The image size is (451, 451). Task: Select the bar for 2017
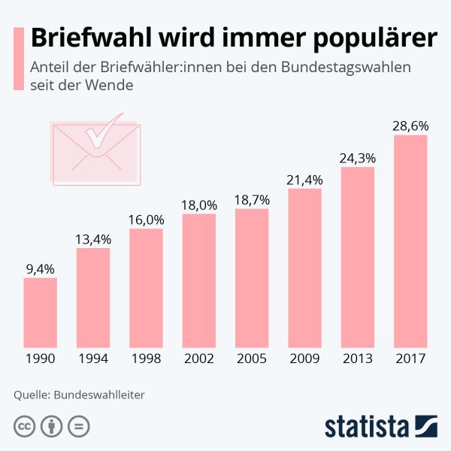[410, 241]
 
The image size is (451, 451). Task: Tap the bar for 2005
[252, 277]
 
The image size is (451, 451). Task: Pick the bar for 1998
[146, 287]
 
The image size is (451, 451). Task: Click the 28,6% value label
[410, 126]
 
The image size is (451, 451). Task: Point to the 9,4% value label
[40, 268]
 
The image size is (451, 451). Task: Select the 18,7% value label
[252, 199]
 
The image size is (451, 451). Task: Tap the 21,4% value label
[304, 180]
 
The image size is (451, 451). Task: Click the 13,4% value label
[93, 239]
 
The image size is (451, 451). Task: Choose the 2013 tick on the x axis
[358, 359]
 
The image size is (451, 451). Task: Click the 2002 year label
[199, 359]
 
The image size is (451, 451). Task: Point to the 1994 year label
[93, 359]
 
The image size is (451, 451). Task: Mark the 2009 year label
[304, 359]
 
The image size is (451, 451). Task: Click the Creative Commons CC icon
[25, 426]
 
